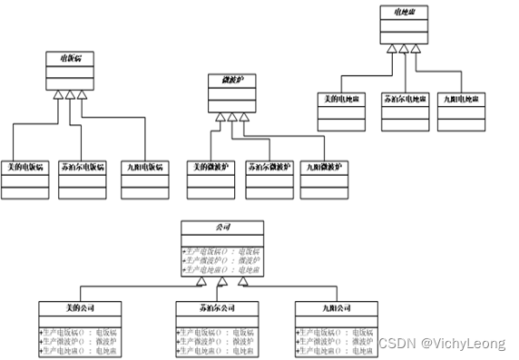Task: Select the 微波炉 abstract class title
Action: (231, 81)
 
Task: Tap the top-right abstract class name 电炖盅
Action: (401, 12)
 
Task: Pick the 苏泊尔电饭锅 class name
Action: (82, 167)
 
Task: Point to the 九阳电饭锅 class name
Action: (144, 167)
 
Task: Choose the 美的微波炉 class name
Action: (210, 167)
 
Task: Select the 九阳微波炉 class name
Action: (324, 167)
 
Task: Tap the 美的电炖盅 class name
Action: (340, 97)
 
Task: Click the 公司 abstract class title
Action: (221, 226)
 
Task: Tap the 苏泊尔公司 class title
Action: (218, 307)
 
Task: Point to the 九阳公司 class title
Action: (337, 307)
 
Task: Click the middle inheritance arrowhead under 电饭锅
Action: (69, 94)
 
